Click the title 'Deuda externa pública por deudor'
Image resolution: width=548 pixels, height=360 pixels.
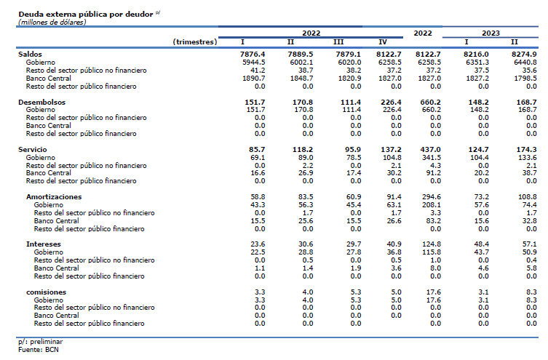tap(86, 15)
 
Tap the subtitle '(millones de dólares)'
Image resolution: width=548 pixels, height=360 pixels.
tap(52, 23)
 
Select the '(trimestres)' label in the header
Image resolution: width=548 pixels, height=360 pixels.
tap(195, 42)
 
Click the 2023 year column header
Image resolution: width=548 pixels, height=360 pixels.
tap(491, 33)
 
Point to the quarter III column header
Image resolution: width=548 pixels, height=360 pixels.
tap(338, 42)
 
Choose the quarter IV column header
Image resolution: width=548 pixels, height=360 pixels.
tap(383, 42)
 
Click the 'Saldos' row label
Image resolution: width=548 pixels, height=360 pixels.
tap(30, 54)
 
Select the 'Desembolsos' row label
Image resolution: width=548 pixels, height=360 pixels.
tap(42, 103)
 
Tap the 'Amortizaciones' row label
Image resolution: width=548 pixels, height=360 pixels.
tap(54, 197)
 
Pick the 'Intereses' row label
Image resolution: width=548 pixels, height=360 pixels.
tap(44, 244)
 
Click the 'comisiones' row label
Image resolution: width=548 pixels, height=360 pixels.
tap(46, 292)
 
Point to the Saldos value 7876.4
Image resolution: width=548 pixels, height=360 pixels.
tap(253, 55)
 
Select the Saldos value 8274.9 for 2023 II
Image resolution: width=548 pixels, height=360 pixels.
tap(524, 55)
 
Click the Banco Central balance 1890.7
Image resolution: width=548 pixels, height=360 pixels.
tap(254, 79)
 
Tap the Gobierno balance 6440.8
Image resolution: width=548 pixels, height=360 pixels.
tap(525, 62)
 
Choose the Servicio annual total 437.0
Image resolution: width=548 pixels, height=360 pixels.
tap(431, 149)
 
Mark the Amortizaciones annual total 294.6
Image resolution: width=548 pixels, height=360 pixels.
tap(432, 197)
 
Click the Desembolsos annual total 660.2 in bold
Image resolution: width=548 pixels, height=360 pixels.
tap(431, 103)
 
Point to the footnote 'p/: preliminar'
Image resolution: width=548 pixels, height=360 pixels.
tap(41, 342)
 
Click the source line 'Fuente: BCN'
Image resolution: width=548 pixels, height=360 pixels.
tap(39, 350)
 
